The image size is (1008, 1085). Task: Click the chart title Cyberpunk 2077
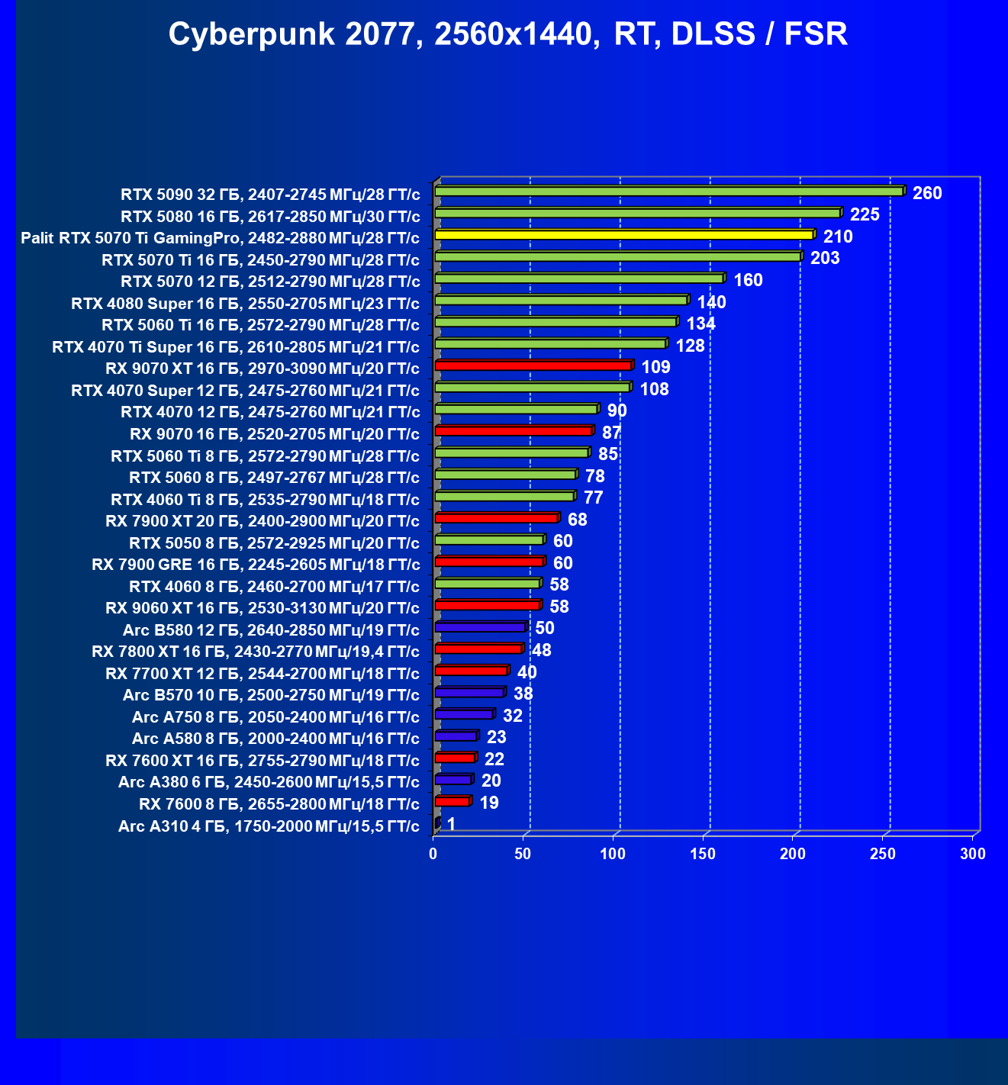pyautogui.click(x=507, y=34)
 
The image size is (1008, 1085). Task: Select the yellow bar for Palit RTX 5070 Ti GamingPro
pyautogui.click(x=624, y=235)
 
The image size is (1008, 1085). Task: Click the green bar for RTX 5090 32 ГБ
pyautogui.click(x=668, y=192)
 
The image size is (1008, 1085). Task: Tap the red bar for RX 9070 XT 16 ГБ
pyautogui.click(x=533, y=366)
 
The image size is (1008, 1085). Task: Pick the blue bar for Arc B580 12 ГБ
pyautogui.click(x=480, y=627)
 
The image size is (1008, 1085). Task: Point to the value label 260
pyautogui.click(x=927, y=193)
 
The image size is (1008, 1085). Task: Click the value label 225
pyautogui.click(x=865, y=214)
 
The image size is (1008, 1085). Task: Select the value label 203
pyautogui.click(x=825, y=258)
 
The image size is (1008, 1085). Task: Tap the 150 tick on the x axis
pyautogui.click(x=703, y=854)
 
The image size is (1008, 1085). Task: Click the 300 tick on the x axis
pyautogui.click(x=973, y=854)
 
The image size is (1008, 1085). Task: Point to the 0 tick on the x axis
pyautogui.click(x=433, y=854)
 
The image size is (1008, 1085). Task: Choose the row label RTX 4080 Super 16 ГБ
pyautogui.click(x=245, y=304)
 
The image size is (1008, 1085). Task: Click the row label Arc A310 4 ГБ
pyautogui.click(x=269, y=826)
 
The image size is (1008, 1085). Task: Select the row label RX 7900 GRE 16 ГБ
pyautogui.click(x=256, y=565)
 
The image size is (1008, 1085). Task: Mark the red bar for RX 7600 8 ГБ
pyautogui.click(x=452, y=801)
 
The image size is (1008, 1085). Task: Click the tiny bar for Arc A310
pyautogui.click(x=437, y=823)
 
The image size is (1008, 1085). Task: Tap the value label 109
pyautogui.click(x=655, y=367)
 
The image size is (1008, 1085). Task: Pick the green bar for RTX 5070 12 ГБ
pyautogui.click(x=578, y=278)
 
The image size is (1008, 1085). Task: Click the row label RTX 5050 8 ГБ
pyautogui.click(x=274, y=543)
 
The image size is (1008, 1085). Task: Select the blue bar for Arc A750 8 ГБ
pyautogui.click(x=464, y=714)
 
